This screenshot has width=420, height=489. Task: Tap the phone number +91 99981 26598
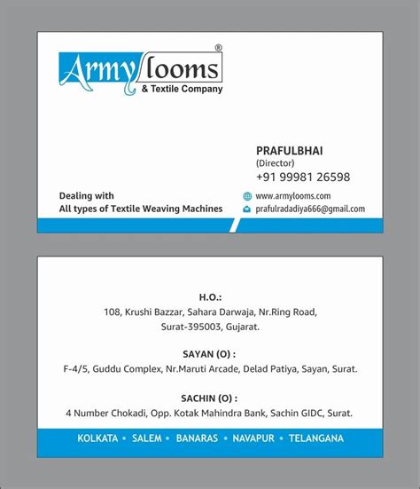(302, 177)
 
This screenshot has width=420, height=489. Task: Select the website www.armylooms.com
(292, 195)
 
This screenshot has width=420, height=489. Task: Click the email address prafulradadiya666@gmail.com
(309, 209)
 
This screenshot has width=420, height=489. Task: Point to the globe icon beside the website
(247, 195)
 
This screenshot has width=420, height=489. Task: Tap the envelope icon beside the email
(247, 209)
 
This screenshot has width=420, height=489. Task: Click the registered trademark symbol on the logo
(219, 47)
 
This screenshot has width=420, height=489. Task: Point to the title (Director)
(276, 163)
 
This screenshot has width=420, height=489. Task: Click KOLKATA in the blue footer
(97, 438)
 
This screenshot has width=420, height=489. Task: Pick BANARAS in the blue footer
(204, 438)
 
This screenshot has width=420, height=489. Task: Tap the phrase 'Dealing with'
(86, 195)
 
